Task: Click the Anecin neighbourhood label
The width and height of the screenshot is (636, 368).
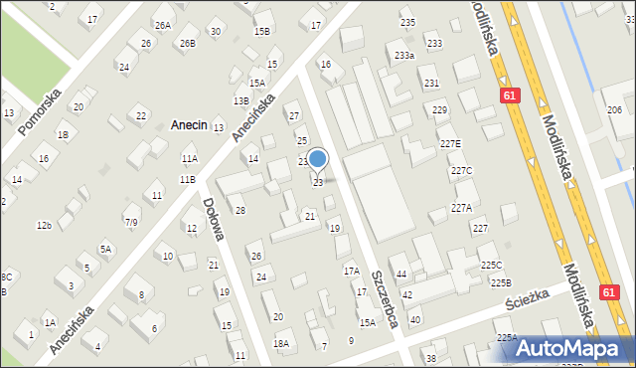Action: (189, 125)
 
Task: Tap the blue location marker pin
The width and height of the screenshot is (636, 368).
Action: (318, 159)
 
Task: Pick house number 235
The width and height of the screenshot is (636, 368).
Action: (407, 23)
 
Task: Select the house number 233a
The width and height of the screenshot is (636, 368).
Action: (403, 56)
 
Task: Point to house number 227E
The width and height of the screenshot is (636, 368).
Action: (450, 144)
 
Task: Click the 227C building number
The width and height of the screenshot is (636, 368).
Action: (461, 171)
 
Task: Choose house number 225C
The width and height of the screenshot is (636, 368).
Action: (492, 265)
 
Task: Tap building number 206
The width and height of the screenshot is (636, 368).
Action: (614, 109)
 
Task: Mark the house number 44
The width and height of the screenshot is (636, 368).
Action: (401, 274)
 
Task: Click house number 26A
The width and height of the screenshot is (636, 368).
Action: (162, 25)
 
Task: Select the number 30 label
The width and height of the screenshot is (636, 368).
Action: (216, 32)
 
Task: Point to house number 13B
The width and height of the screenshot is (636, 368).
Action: (240, 100)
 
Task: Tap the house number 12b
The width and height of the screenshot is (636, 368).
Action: (44, 226)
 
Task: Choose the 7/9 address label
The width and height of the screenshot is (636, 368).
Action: (131, 221)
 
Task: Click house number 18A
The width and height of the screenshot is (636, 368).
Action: (281, 343)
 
